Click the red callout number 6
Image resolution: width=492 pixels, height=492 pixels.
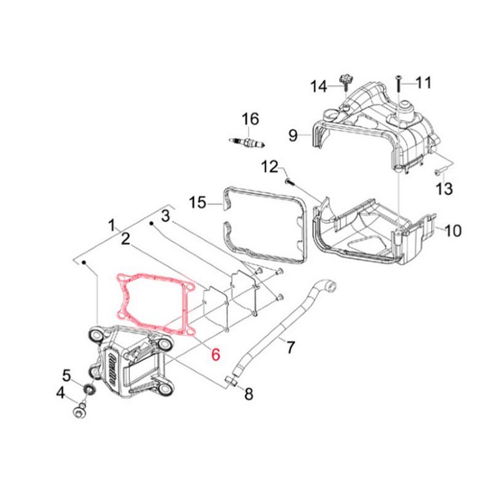click(216, 354)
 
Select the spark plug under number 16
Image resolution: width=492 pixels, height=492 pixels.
click(247, 142)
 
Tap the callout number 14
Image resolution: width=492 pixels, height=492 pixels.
click(319, 86)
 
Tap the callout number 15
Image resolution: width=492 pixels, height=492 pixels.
click(198, 202)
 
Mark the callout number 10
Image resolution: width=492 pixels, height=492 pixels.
click(453, 231)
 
